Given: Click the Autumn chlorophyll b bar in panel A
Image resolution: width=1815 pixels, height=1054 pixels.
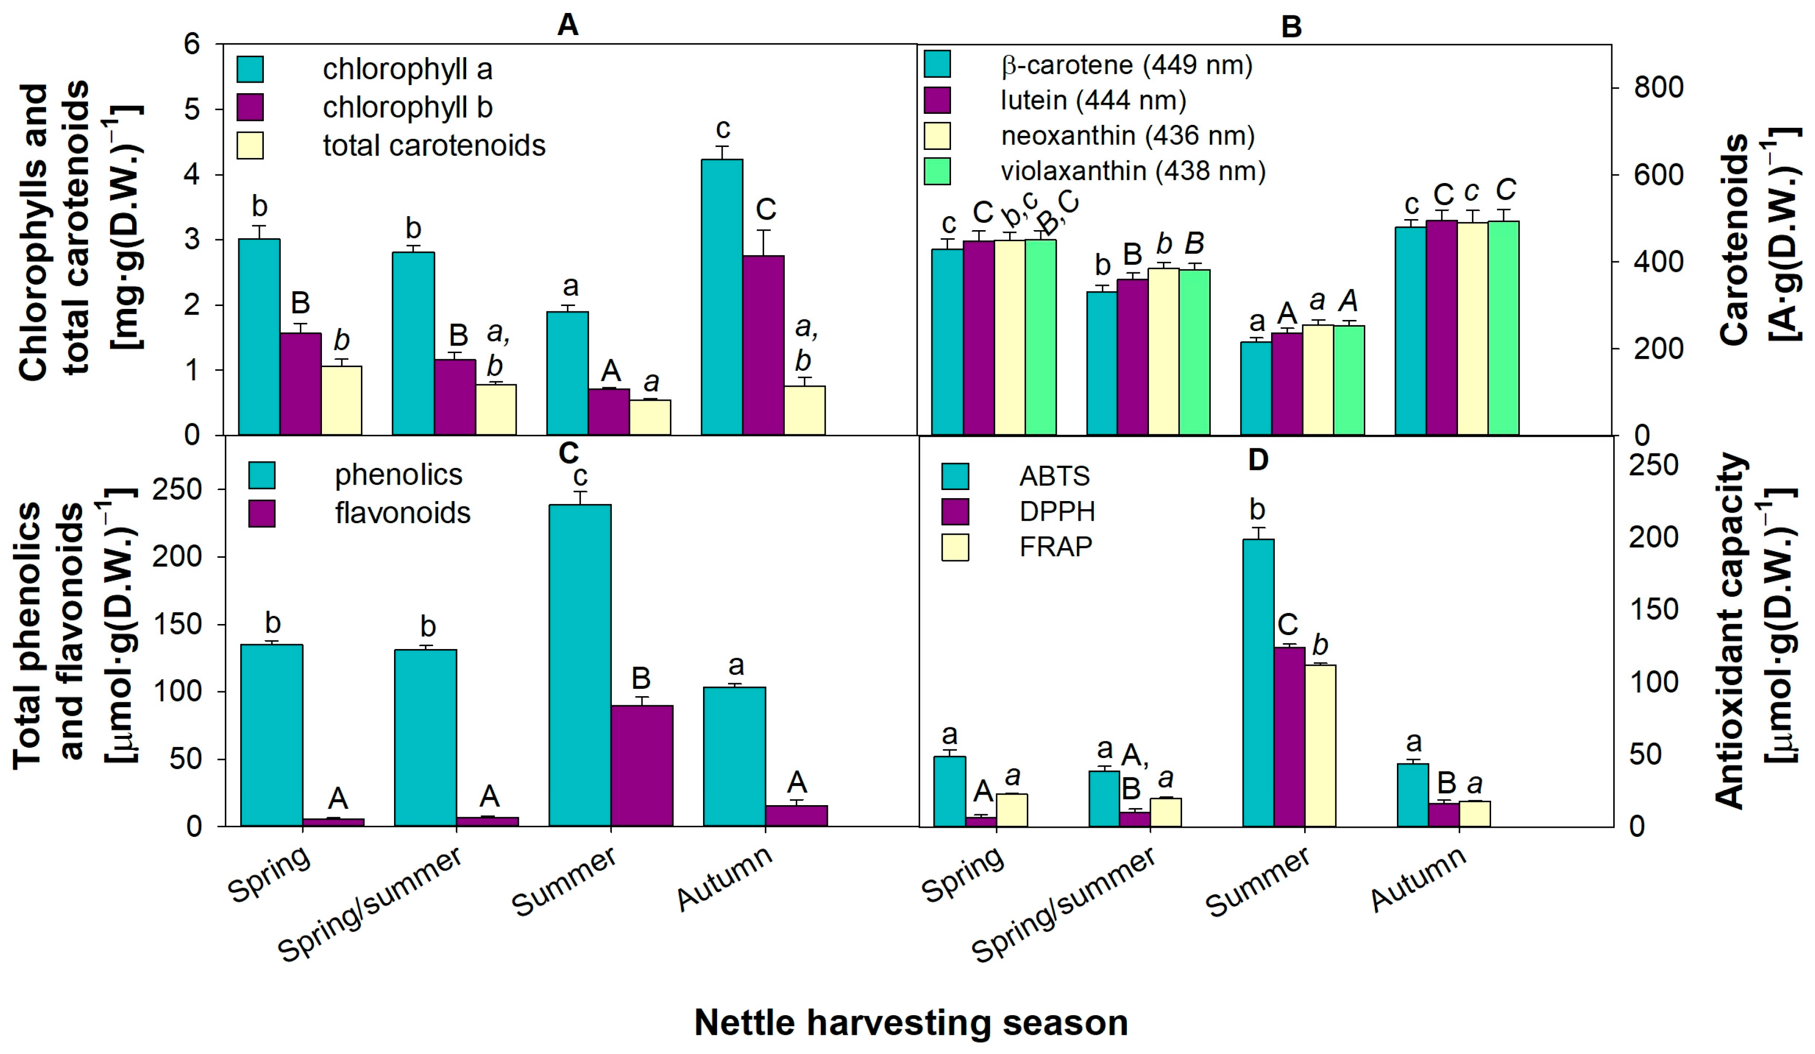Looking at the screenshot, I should (764, 345).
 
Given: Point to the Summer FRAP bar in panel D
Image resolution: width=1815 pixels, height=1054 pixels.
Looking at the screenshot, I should (1320, 745).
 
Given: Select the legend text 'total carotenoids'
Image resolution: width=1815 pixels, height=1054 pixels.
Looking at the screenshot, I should (433, 146).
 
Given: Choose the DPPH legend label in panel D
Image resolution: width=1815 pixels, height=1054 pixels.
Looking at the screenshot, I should (1057, 511).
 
